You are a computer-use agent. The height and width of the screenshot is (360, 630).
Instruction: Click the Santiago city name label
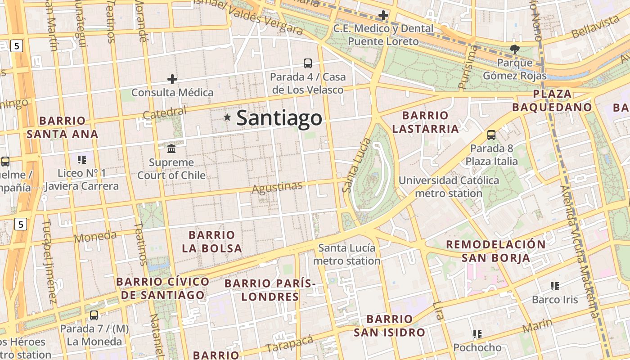click(279, 118)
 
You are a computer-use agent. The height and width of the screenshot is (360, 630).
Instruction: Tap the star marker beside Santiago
click(228, 117)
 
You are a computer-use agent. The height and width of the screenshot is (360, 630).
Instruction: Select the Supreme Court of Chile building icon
click(171, 148)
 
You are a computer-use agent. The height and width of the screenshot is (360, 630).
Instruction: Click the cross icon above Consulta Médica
click(172, 79)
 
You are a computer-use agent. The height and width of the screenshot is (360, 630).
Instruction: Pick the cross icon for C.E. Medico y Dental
click(383, 16)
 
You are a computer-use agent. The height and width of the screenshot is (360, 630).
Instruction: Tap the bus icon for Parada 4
click(308, 63)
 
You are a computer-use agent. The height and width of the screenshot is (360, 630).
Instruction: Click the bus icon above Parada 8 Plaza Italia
click(491, 135)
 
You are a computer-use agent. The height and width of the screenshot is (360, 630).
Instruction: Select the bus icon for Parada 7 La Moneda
click(94, 315)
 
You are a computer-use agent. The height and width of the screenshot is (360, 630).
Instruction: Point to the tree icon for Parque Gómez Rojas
click(514, 49)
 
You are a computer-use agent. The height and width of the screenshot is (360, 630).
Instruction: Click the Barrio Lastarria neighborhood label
click(425, 122)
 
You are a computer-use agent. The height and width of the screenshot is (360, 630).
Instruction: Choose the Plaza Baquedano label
click(552, 100)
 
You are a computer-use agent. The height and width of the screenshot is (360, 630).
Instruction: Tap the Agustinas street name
click(277, 188)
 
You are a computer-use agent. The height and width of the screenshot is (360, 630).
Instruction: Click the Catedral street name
click(165, 113)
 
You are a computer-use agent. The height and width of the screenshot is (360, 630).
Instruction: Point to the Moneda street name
click(95, 236)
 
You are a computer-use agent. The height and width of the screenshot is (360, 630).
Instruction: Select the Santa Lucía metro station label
click(346, 254)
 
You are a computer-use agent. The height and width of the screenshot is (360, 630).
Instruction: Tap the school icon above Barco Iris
click(554, 286)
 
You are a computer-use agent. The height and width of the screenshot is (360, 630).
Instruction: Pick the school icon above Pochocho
click(477, 334)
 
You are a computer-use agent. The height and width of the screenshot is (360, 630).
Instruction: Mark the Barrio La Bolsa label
click(212, 242)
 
